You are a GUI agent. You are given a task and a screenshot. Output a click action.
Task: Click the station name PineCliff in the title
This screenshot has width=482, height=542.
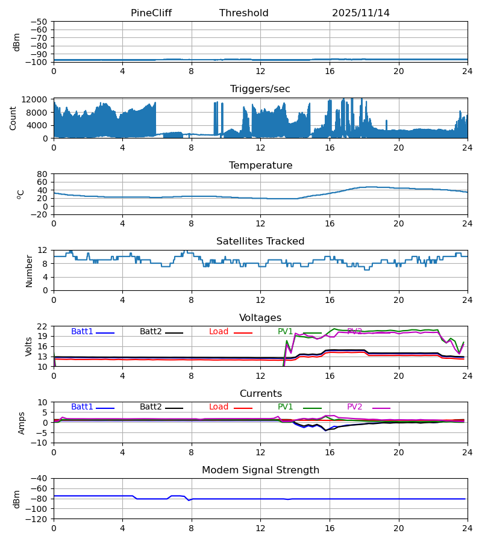[151, 13]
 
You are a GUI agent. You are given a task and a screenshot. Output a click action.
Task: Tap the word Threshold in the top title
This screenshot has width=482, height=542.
[243, 13]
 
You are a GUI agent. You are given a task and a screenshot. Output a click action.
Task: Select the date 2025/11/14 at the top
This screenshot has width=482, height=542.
[360, 13]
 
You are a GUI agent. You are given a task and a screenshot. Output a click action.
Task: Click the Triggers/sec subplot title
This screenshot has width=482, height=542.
[260, 89]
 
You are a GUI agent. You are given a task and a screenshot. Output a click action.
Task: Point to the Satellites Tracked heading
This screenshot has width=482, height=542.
[260, 241]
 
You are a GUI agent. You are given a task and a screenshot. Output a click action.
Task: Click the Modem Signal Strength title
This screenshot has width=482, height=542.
[260, 470]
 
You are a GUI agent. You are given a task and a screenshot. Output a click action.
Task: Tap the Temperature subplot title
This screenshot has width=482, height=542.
[260, 166]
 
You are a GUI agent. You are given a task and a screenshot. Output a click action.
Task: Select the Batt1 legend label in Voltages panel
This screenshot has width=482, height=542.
[82, 332]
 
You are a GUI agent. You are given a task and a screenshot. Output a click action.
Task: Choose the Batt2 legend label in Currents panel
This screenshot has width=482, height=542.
[151, 407]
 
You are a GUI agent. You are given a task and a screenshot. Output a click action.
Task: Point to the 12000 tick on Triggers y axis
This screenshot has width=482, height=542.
[37, 99]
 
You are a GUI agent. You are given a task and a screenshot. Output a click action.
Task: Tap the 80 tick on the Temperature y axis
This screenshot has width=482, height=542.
[42, 174]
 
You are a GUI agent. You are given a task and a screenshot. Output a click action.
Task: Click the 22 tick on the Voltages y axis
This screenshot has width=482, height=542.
[42, 326]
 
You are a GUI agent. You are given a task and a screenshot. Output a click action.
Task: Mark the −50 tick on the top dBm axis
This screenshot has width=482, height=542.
[40, 22]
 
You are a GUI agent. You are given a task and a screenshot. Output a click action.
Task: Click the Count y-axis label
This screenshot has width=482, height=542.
[14, 118]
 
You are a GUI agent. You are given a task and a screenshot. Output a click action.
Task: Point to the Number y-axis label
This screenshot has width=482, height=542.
[30, 270]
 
